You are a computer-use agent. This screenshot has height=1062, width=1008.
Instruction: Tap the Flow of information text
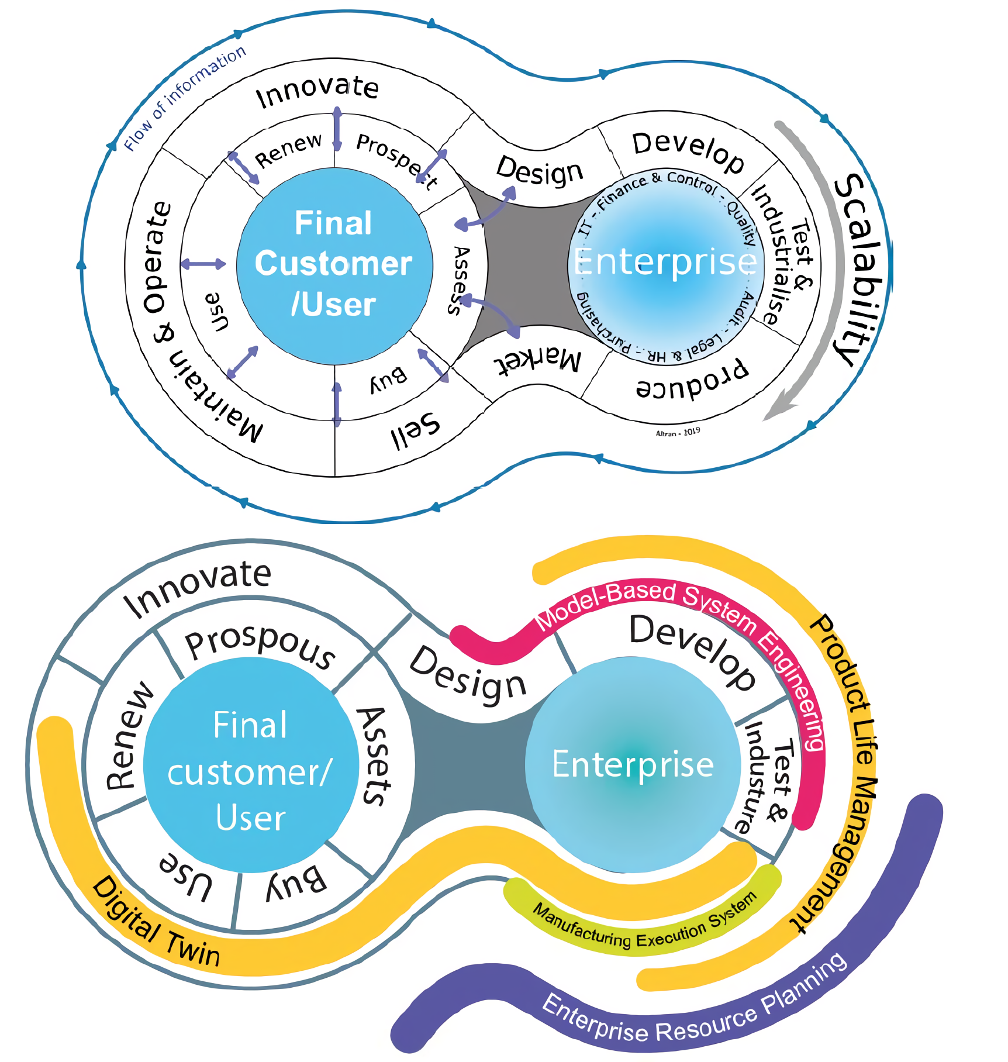tap(185, 98)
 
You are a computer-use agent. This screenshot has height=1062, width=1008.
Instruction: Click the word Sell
tap(415, 432)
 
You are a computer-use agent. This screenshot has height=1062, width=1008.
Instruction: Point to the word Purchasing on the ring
tap(602, 324)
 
